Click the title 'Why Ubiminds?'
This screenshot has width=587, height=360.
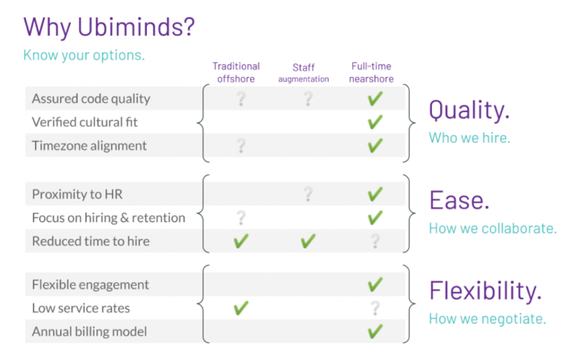click(x=109, y=28)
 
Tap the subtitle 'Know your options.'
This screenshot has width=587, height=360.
click(x=84, y=55)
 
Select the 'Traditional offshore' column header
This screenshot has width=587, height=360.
click(x=236, y=73)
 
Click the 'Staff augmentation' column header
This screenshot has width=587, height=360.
click(x=304, y=73)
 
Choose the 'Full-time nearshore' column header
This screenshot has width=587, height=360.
click(x=371, y=73)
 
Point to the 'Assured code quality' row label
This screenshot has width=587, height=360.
click(x=91, y=99)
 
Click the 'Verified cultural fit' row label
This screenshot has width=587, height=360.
click(x=85, y=122)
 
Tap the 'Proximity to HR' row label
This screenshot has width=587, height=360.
click(x=77, y=194)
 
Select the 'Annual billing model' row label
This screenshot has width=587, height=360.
click(x=89, y=331)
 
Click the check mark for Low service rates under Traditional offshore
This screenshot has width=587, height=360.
click(x=241, y=308)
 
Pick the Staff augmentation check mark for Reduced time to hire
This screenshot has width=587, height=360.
click(x=308, y=241)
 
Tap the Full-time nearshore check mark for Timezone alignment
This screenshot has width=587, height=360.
click(x=375, y=146)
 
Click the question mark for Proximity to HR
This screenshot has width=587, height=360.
click(x=308, y=194)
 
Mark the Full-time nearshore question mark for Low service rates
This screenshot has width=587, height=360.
click(x=375, y=308)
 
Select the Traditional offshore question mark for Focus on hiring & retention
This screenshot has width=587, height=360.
click(x=241, y=218)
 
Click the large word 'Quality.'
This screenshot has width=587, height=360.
click(x=469, y=111)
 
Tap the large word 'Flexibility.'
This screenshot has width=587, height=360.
click(x=486, y=291)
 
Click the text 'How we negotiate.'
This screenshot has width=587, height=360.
click(x=487, y=319)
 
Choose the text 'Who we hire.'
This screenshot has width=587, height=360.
click(x=469, y=138)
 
